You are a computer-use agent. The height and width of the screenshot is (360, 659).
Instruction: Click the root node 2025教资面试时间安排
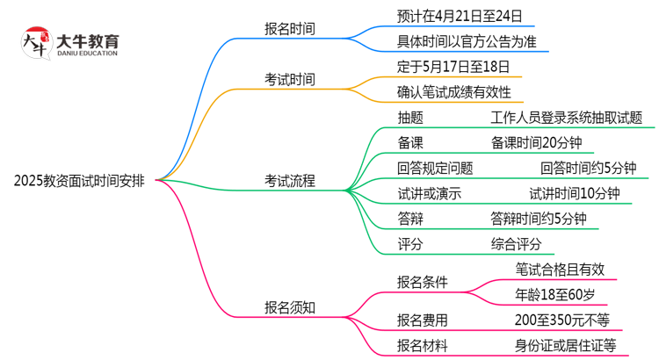[x=80, y=182]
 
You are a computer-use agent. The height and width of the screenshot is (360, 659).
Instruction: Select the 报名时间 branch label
[x=290, y=29]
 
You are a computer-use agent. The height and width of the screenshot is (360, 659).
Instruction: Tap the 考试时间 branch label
[x=290, y=80]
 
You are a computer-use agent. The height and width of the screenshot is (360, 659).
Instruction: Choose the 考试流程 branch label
[x=290, y=182]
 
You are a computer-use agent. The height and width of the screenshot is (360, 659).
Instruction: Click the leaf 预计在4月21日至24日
[x=453, y=16]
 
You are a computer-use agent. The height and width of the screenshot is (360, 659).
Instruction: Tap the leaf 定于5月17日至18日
[x=453, y=67]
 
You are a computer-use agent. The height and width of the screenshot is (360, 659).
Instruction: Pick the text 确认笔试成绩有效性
[x=453, y=92]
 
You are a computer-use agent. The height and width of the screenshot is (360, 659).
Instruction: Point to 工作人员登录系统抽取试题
[x=566, y=118]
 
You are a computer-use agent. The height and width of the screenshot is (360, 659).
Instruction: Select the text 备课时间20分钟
[x=536, y=143]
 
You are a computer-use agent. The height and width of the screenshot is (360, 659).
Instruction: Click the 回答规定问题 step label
[x=435, y=169]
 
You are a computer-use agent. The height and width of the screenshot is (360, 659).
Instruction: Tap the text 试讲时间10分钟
[x=574, y=194]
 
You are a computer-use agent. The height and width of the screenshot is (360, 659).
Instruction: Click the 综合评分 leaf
[x=516, y=245]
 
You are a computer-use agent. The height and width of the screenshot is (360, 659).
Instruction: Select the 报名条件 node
[x=422, y=282]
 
